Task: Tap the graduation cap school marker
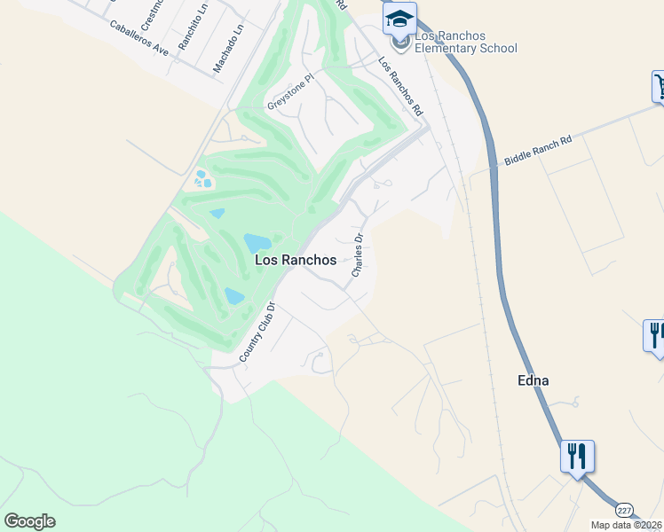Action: [400, 19]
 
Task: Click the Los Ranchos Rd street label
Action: [400, 87]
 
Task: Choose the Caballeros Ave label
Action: [139, 38]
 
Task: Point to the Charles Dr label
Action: [359, 255]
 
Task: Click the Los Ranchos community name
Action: [296, 260]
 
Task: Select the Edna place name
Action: [533, 380]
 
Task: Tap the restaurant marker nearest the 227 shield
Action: [577, 457]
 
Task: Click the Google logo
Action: [29, 521]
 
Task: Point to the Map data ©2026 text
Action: [626, 525]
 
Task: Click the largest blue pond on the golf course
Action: [257, 242]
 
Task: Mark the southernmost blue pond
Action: [234, 296]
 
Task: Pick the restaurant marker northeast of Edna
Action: [655, 335]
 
